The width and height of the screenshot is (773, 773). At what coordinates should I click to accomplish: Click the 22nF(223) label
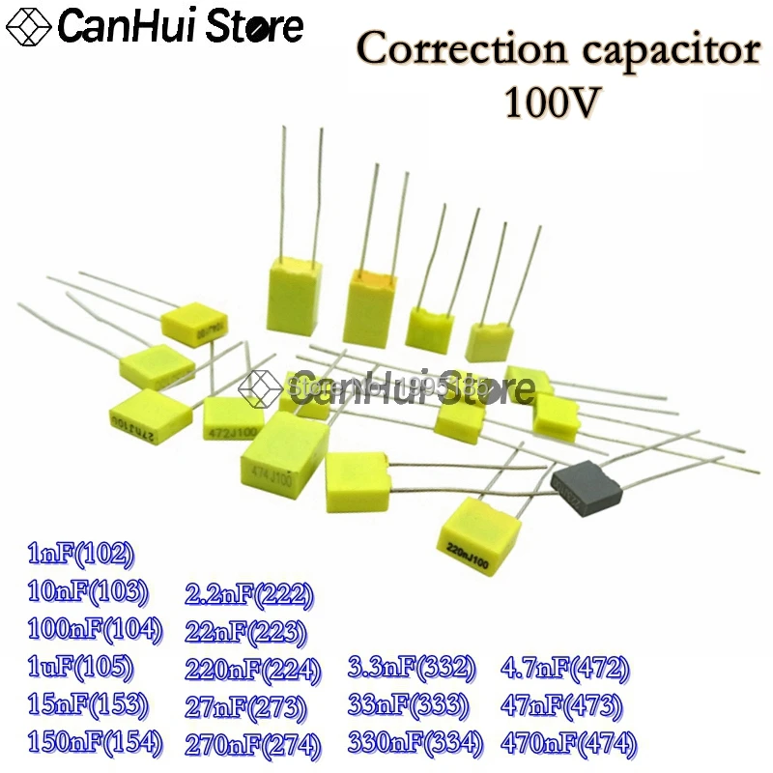click(245, 632)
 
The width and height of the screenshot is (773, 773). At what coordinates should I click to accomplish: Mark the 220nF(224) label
click(253, 669)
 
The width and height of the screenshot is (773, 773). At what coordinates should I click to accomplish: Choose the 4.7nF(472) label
click(566, 668)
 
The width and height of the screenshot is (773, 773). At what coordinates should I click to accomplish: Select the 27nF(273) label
click(245, 706)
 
